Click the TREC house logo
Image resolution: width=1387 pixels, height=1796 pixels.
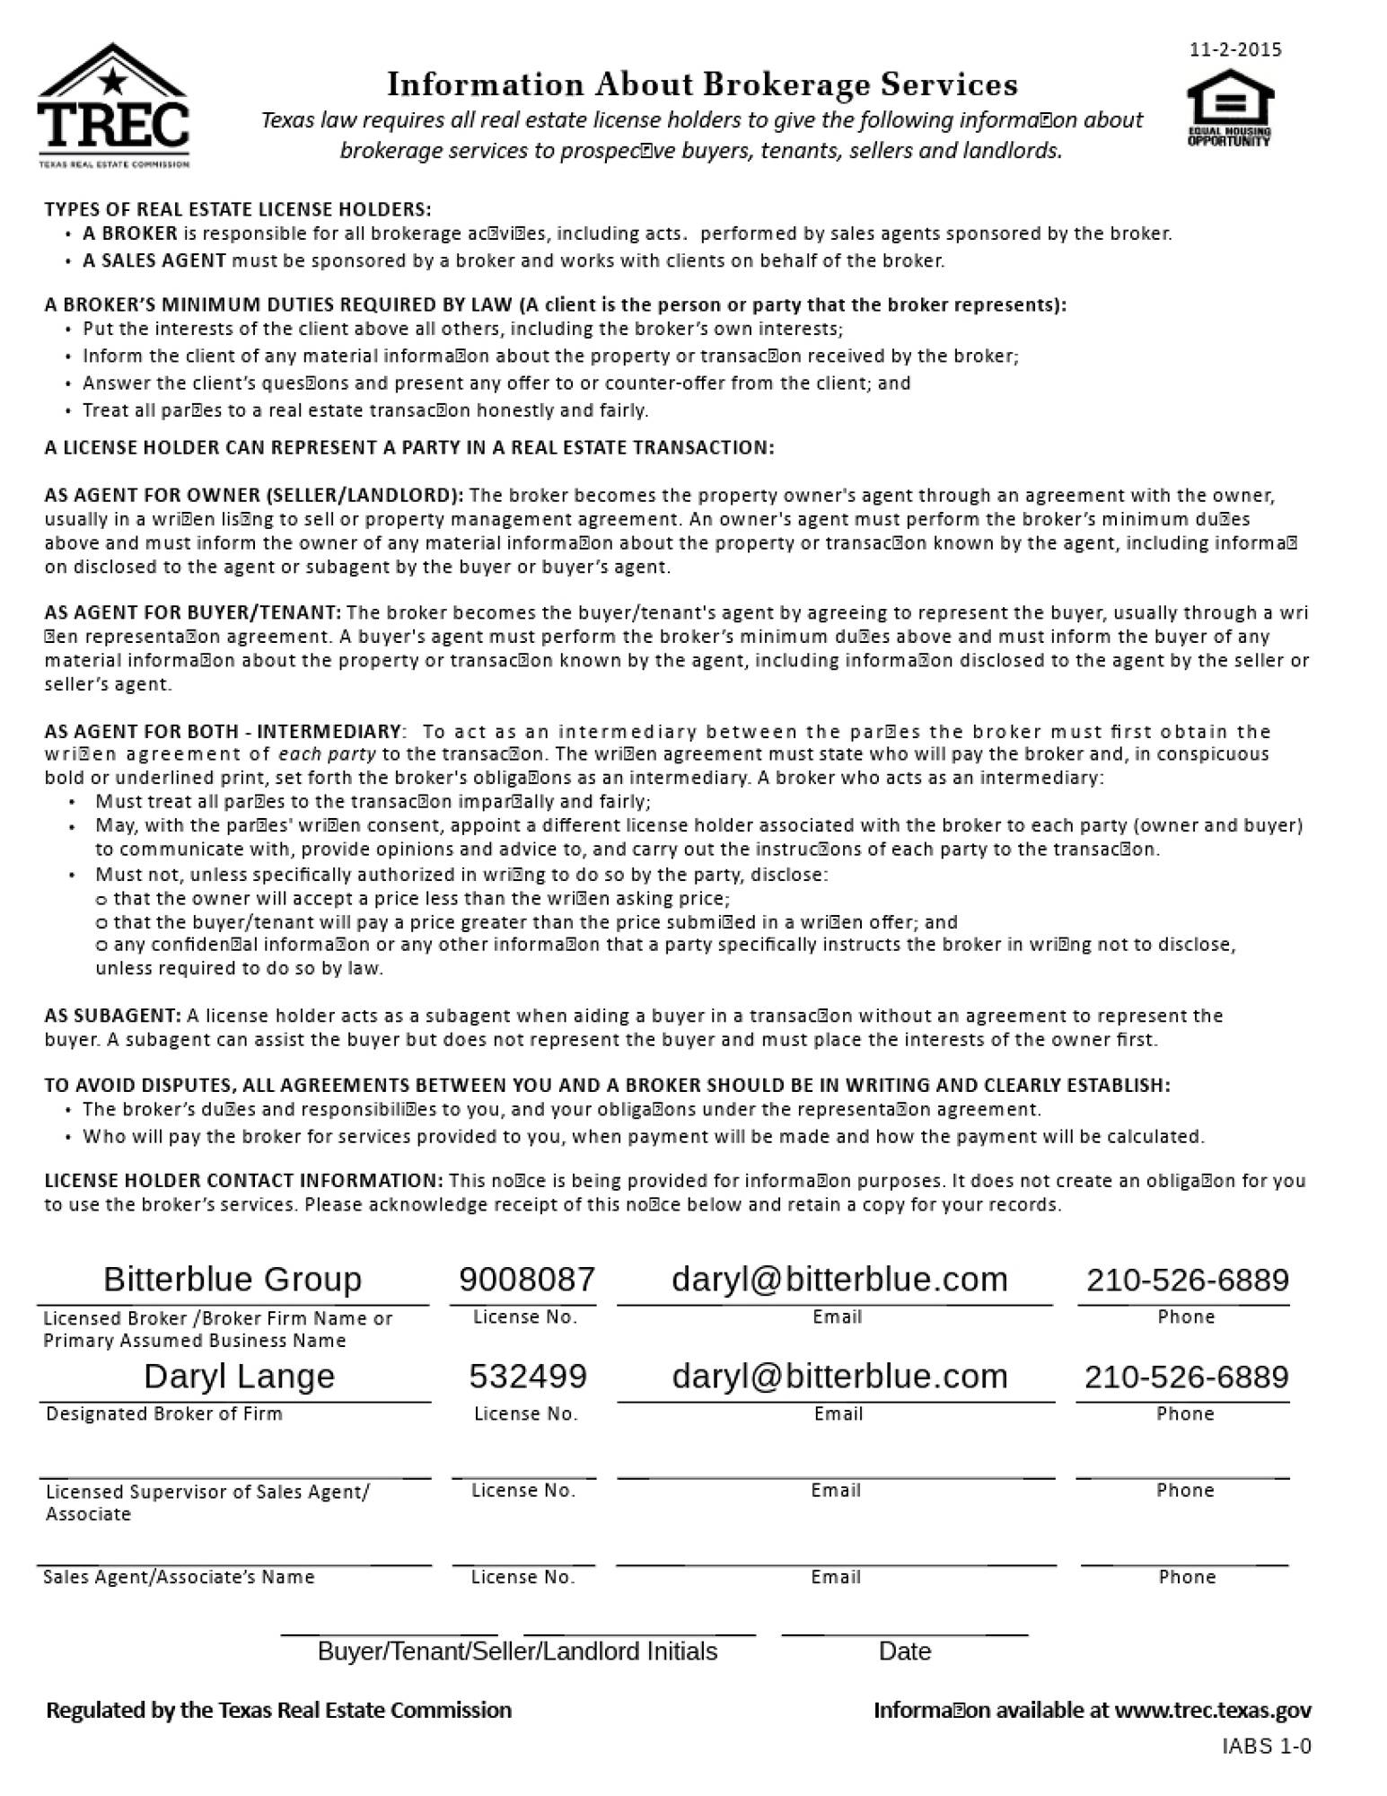pos(113,105)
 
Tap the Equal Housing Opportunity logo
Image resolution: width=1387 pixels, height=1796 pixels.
pos(1229,108)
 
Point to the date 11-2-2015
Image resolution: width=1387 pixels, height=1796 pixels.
pos(1235,50)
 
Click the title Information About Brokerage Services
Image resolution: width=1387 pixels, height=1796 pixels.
pos(702,84)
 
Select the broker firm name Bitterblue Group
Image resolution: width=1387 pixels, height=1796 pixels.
pos(233,1279)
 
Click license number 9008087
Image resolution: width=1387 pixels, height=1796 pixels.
pos(527,1279)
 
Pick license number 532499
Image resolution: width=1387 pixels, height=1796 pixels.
pos(528,1376)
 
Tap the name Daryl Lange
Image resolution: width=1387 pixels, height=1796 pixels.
pos(239,1376)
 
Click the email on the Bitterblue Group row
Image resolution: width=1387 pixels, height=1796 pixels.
pos(839,1279)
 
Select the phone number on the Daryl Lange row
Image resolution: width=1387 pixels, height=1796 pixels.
pos(1187,1376)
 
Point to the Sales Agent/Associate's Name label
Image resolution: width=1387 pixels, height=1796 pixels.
pos(179,1577)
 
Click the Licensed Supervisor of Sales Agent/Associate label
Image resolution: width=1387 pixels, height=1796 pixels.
pos(206,1502)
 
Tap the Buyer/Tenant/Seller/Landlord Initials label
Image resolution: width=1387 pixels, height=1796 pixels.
pos(517,1651)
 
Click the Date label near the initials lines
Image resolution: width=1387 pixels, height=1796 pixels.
pos(904,1651)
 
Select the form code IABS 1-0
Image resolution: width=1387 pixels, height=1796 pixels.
pos(1267,1746)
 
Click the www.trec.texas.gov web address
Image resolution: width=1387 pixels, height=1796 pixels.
pos(1212,1710)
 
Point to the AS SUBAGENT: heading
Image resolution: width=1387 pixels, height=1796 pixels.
pos(113,1016)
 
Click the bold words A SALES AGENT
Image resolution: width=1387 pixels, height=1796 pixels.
pos(154,261)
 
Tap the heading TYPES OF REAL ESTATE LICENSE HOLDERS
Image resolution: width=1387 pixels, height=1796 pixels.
pos(238,209)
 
